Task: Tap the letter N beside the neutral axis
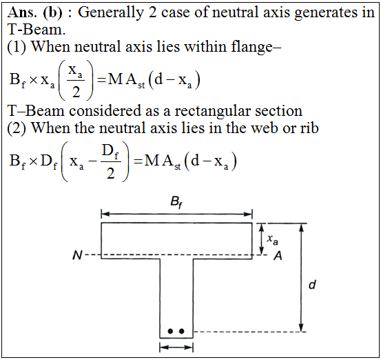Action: point(78,255)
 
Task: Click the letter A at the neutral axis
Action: point(278,256)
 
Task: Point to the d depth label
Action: point(313,284)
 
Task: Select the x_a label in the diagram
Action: point(272,239)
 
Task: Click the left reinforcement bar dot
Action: point(171,331)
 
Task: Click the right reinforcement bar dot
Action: point(181,331)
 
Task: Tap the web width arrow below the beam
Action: point(176,347)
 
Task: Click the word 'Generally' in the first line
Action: point(111,12)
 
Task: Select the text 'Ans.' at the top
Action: point(22,12)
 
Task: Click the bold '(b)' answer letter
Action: point(52,12)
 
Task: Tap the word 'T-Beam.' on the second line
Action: point(37,30)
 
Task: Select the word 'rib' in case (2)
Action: point(309,128)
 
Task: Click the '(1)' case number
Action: point(17,47)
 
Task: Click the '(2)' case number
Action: point(17,128)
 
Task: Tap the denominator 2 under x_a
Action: point(76,92)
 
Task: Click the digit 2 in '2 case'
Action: point(152,12)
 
